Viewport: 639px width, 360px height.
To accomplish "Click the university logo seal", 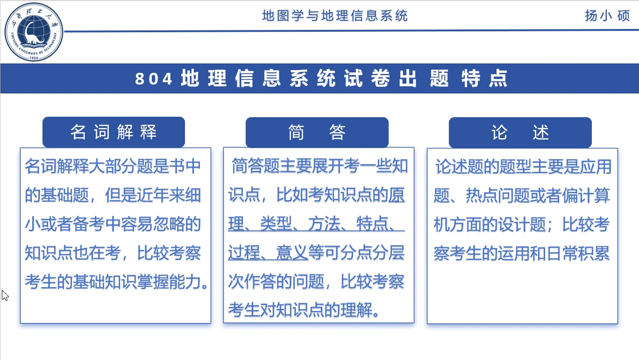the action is point(34,32).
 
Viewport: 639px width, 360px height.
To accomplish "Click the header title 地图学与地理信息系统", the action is point(335,16).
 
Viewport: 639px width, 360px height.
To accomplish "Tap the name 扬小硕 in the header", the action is point(607,16).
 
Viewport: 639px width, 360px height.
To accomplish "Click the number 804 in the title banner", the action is point(154,79).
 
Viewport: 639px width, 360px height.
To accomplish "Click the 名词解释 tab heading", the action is point(114,132).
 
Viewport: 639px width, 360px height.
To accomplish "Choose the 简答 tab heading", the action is point(317,132).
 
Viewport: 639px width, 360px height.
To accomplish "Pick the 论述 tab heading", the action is point(520,132).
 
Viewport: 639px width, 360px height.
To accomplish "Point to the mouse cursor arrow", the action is point(5,296).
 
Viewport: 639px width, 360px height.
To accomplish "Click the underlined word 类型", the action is point(276,224).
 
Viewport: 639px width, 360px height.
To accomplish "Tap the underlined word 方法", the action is point(324,224).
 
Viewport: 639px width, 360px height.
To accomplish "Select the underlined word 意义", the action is point(292,253).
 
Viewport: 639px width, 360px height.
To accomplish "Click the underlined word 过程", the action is point(244,253).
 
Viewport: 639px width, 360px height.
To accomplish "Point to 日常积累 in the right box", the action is point(578,253).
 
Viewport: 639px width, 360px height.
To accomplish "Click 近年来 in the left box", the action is point(153,195).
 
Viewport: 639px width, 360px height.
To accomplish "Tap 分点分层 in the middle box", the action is point(372,253).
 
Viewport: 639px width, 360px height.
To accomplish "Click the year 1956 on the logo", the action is point(34,58).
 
